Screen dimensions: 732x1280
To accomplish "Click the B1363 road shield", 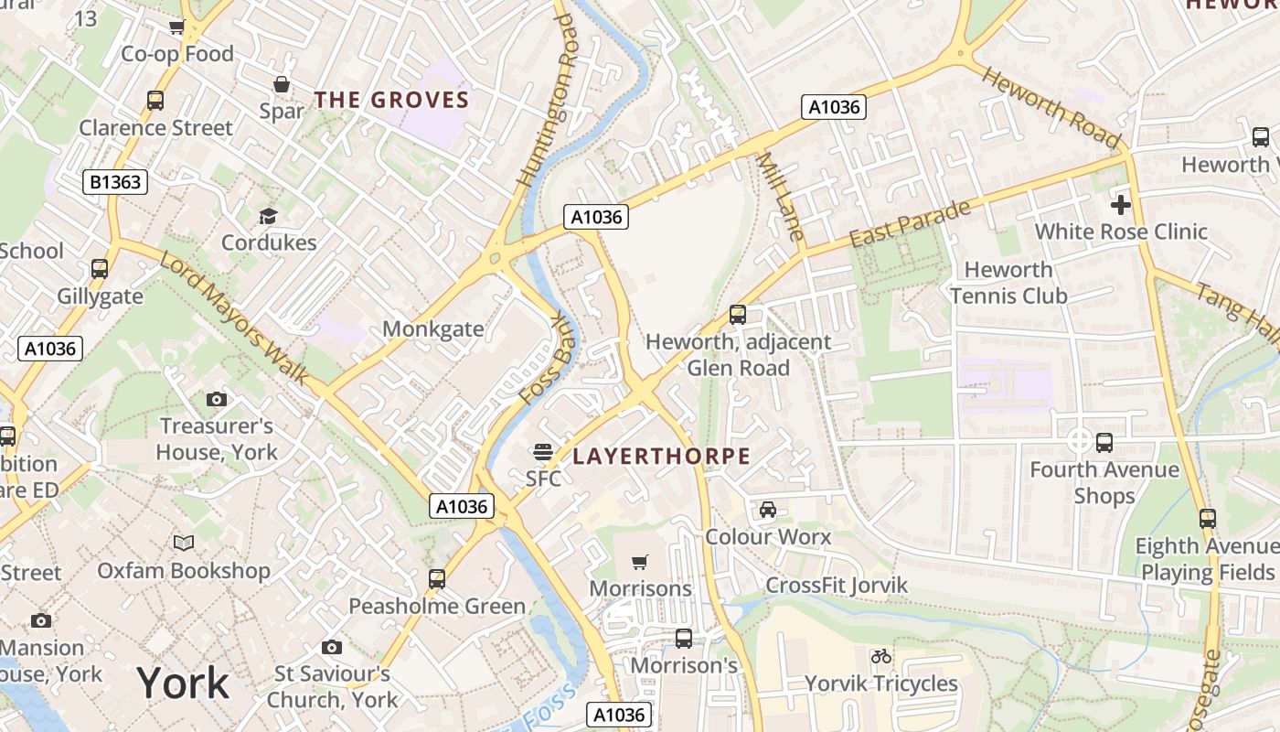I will pyautogui.click(x=116, y=182).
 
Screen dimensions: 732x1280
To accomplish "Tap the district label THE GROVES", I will pyautogui.click(x=391, y=100).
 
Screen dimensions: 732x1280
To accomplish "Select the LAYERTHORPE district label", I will pyautogui.click(x=661, y=456).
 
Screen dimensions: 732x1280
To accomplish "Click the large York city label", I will pyautogui.click(x=183, y=683).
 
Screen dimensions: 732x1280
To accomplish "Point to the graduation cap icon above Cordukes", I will pyautogui.click(x=268, y=216).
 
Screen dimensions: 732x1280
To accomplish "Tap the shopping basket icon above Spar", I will pyautogui.click(x=282, y=84).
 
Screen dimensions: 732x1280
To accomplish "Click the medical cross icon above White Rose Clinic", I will pyautogui.click(x=1121, y=204).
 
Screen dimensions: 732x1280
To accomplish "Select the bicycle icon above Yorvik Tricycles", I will pyautogui.click(x=880, y=656).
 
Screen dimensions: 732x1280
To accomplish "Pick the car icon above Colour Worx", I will pyautogui.click(x=768, y=509).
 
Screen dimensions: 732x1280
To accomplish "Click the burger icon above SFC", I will pyautogui.click(x=543, y=451).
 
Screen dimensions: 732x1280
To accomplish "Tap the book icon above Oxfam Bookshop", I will pyautogui.click(x=184, y=543).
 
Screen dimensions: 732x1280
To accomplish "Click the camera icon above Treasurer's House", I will pyautogui.click(x=217, y=399).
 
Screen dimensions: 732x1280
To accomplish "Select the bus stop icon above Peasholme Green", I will pyautogui.click(x=437, y=578).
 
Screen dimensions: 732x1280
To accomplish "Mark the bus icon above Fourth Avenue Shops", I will pyautogui.click(x=1104, y=442).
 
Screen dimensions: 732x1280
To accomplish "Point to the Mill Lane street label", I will pyautogui.click(x=779, y=197).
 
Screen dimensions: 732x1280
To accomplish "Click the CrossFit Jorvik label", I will pyautogui.click(x=837, y=586).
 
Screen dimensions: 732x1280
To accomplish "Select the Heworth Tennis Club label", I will pyautogui.click(x=1008, y=283).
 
